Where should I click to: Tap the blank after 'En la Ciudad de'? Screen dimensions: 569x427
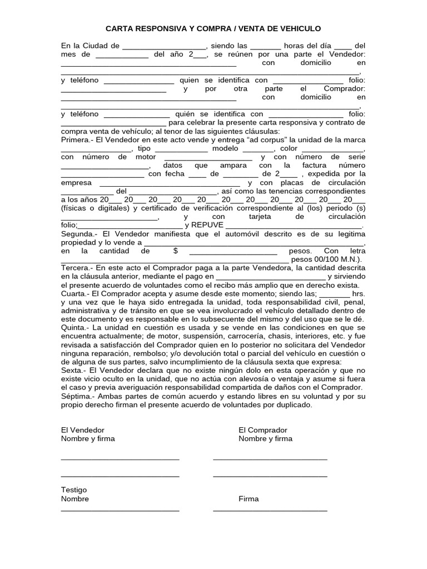pos(163,46)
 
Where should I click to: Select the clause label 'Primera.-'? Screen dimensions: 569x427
pos(77,140)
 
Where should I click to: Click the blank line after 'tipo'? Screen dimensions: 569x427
pos(181,149)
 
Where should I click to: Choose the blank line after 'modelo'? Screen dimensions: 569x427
pos(259,149)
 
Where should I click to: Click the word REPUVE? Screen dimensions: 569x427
pos(207,225)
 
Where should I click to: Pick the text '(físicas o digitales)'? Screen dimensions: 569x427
pos(96,208)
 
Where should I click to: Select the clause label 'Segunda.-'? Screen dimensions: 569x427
pos(78,234)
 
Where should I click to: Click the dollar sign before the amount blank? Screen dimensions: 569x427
pos(176,251)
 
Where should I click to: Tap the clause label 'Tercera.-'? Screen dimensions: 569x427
pos(77,268)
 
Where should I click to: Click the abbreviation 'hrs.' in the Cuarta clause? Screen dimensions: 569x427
pos(359,293)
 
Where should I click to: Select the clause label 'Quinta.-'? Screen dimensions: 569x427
pos(75,328)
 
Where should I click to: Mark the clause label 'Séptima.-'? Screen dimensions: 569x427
pos(77,397)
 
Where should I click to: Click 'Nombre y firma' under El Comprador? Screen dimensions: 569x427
pos(265,438)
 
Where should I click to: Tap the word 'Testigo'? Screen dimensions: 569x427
pos(73,490)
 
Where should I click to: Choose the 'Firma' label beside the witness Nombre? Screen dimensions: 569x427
pos(249,498)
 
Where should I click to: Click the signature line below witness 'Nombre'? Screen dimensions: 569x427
pos(120,510)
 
